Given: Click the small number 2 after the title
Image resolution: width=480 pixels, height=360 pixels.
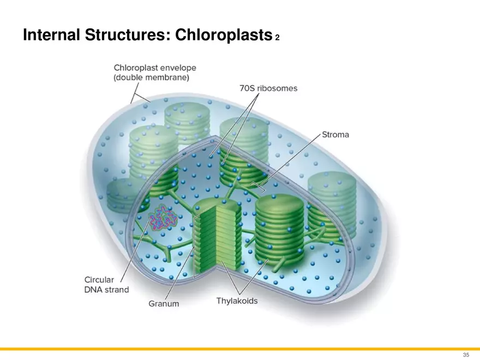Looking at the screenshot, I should pyautogui.click(x=277, y=38).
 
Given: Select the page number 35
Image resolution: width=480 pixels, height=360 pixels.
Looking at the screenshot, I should pyautogui.click(x=466, y=355).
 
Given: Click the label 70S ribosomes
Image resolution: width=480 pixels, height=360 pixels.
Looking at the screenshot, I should pyautogui.click(x=268, y=88).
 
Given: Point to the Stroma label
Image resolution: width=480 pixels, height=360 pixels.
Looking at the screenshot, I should pyautogui.click(x=335, y=134).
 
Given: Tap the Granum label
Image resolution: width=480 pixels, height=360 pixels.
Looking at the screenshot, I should pyautogui.click(x=164, y=303).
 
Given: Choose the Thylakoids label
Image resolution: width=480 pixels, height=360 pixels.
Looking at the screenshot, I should pyautogui.click(x=237, y=301).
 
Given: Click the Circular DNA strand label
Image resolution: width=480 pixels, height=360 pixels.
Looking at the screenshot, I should pyautogui.click(x=106, y=284).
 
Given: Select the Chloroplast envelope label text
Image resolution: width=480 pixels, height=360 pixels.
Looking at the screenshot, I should pyautogui.click(x=155, y=68).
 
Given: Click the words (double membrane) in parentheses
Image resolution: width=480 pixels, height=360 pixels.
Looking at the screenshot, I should pyautogui.click(x=152, y=78).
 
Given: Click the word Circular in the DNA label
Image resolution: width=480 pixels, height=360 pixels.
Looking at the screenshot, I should pyautogui.click(x=99, y=279).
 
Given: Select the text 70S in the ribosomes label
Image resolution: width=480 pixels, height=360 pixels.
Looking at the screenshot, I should pyautogui.click(x=248, y=88).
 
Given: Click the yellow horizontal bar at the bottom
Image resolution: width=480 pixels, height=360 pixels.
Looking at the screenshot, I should pyautogui.click(x=240, y=349).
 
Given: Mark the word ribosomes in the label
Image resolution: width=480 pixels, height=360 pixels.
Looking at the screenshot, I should pyautogui.click(x=278, y=88).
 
